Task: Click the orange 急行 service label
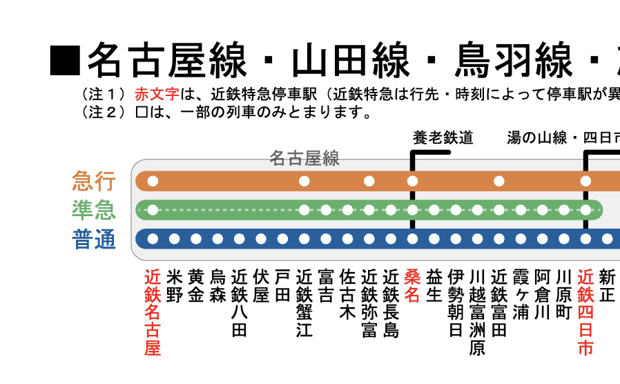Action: click(x=94, y=181)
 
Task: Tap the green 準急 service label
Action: click(x=94, y=209)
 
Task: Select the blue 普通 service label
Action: click(x=94, y=239)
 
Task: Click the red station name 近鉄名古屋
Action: click(x=153, y=312)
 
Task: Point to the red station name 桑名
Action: click(x=412, y=286)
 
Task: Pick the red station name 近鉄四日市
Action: click(x=585, y=312)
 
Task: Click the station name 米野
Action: click(x=175, y=286)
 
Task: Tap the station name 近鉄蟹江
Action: click(x=304, y=303)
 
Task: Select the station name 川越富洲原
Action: click(x=477, y=312)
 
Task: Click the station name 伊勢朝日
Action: click(x=456, y=303)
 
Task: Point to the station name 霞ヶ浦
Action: click(x=521, y=295)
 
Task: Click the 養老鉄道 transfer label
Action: click(x=443, y=137)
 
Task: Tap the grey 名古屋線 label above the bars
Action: click(x=304, y=158)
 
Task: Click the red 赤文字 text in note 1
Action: click(x=157, y=94)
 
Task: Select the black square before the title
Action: click(x=65, y=61)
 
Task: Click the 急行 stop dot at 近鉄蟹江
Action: click(x=304, y=181)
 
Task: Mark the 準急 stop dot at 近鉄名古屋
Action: click(x=153, y=210)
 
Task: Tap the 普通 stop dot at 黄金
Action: click(x=196, y=239)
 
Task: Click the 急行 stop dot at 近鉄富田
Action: click(x=499, y=181)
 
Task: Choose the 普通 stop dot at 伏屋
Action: click(x=261, y=239)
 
